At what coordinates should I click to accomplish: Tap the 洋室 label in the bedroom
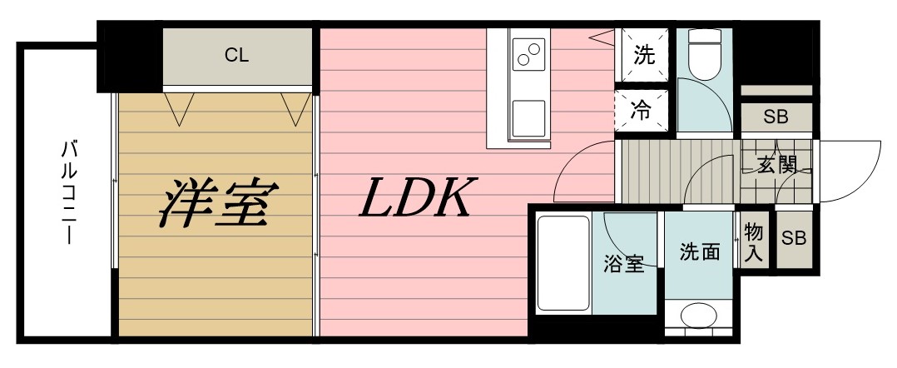point(216,201)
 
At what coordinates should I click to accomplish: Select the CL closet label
point(237,56)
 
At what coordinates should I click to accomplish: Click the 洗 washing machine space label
point(644,56)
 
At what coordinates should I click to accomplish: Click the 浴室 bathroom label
point(623,265)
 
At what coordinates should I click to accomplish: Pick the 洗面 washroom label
point(699,251)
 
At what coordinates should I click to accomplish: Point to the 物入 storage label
point(753,241)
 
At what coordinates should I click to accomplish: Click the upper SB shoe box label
point(775,117)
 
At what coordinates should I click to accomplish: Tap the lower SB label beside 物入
point(793,239)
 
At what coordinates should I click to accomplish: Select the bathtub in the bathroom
point(562,262)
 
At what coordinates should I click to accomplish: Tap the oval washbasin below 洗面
point(699,316)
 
